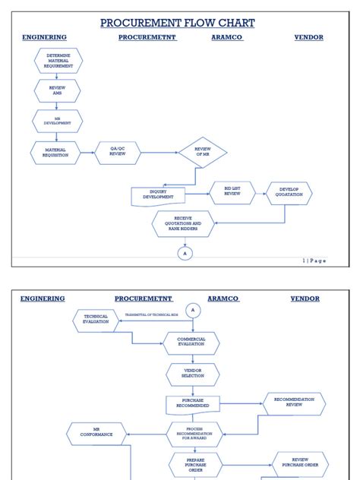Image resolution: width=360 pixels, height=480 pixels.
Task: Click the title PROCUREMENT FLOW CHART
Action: [x=177, y=23]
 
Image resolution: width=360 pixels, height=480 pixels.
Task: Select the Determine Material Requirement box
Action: [x=58, y=61]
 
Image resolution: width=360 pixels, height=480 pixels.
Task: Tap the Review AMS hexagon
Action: [x=57, y=90]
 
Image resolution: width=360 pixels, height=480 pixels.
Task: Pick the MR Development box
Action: [x=57, y=121]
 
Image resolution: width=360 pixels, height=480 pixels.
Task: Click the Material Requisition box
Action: [x=55, y=152]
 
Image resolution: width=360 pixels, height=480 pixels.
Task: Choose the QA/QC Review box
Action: [x=118, y=152]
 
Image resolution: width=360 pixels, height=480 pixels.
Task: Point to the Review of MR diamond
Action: [x=203, y=152]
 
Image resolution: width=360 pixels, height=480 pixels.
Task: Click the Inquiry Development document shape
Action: [x=158, y=195]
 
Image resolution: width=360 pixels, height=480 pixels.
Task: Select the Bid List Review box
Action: [x=232, y=193]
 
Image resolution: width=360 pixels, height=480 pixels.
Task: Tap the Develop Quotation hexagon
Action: [x=289, y=193]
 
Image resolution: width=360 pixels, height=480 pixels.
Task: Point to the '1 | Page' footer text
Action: [x=314, y=261]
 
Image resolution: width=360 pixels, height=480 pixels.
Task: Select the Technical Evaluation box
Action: [x=96, y=321]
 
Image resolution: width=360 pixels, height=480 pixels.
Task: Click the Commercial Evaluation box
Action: [x=191, y=343]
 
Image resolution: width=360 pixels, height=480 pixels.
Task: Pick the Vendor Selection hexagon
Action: [x=193, y=374]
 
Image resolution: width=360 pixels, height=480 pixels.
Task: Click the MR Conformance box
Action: [x=96, y=434]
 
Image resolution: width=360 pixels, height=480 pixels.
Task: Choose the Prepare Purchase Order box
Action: [x=195, y=464]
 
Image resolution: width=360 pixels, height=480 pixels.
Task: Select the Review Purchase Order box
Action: [x=300, y=463]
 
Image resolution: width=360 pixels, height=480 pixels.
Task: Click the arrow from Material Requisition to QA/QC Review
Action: [x=87, y=152]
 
